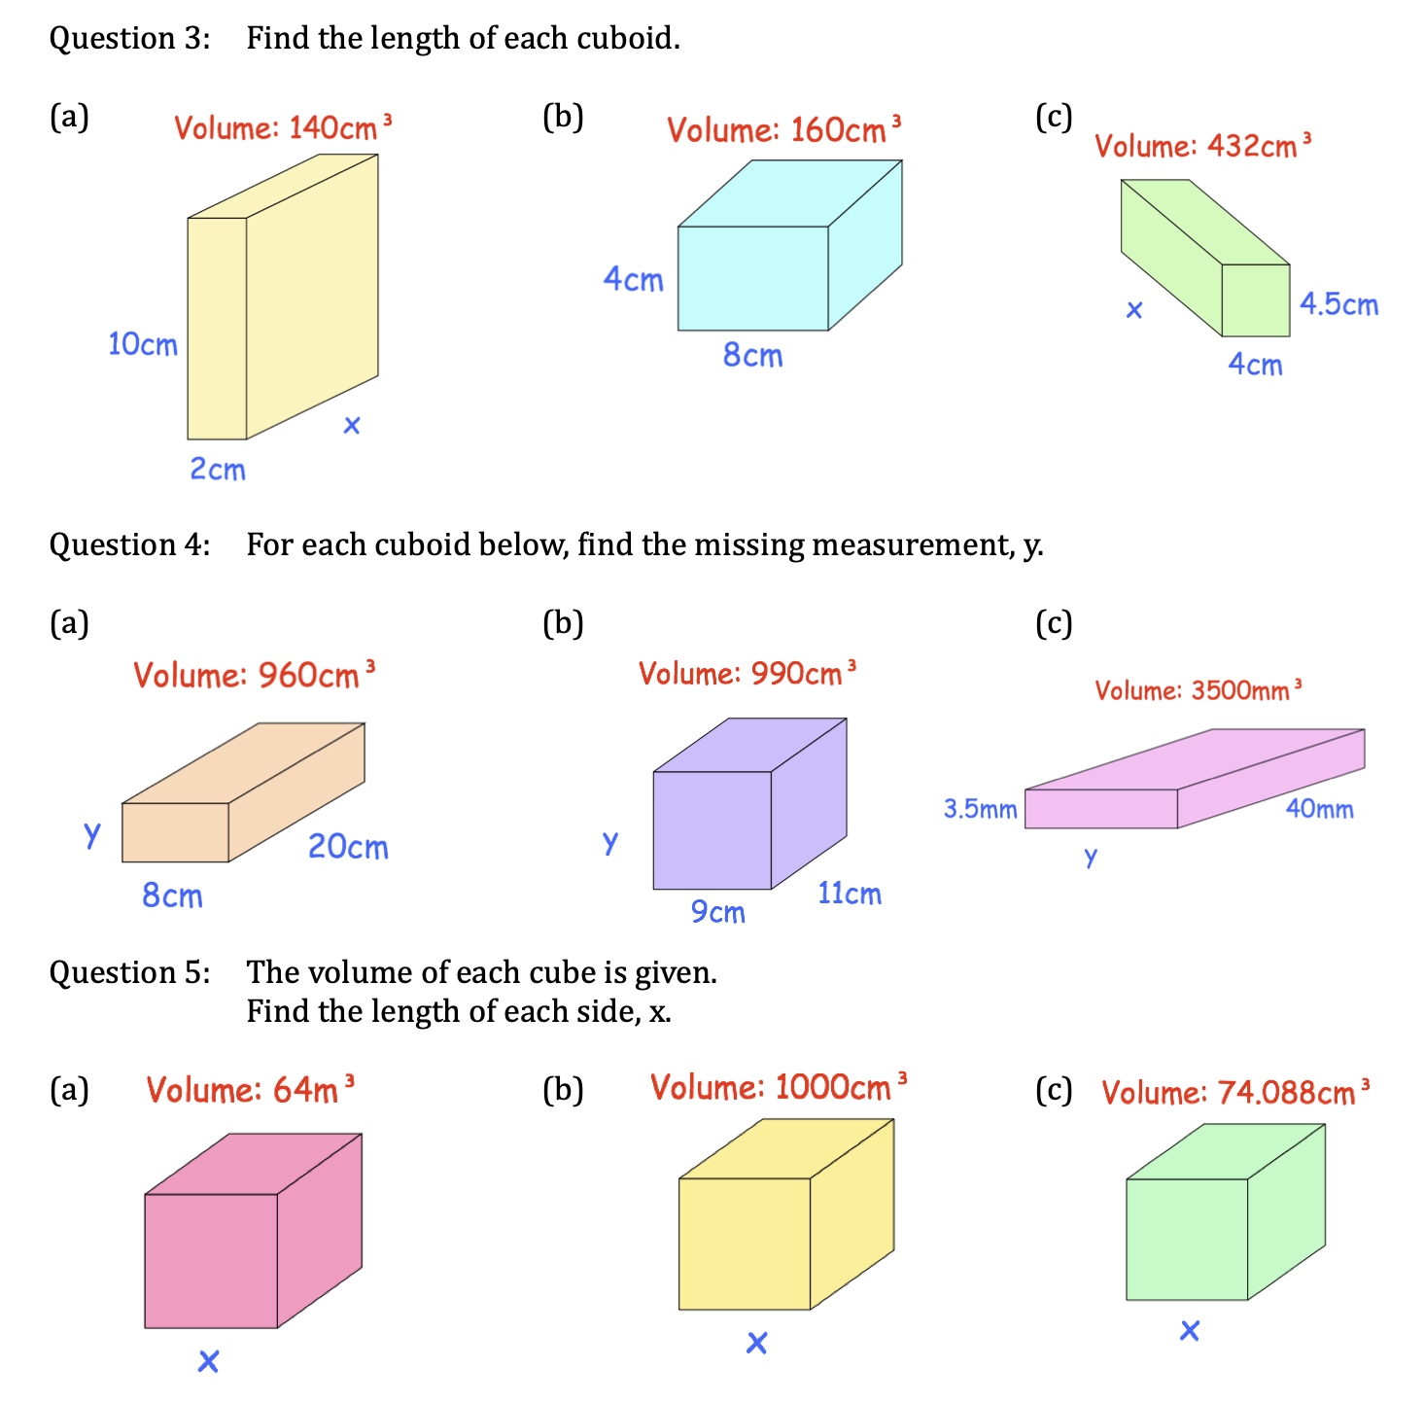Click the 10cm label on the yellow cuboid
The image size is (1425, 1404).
[143, 344]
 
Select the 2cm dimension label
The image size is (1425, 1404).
[218, 470]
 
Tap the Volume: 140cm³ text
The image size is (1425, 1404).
[283, 127]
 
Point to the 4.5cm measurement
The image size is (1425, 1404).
[1338, 304]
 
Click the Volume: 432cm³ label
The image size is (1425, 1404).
[1202, 146]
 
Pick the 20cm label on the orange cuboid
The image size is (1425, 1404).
[348, 847]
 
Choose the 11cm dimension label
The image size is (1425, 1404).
[849, 894]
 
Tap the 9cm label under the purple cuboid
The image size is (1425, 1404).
[717, 912]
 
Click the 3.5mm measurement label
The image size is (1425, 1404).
[980, 809]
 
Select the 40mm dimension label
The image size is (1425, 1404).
[1319, 809]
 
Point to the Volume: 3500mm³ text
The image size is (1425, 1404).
[1198, 690]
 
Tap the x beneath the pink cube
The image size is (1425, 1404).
[208, 1361]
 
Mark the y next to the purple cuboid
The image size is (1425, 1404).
[609, 842]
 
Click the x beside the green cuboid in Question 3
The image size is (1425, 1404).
[1133, 311]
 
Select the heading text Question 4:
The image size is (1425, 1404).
[129, 544]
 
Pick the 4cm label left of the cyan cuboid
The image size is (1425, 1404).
[633, 280]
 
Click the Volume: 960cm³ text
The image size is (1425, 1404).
[254, 675]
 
